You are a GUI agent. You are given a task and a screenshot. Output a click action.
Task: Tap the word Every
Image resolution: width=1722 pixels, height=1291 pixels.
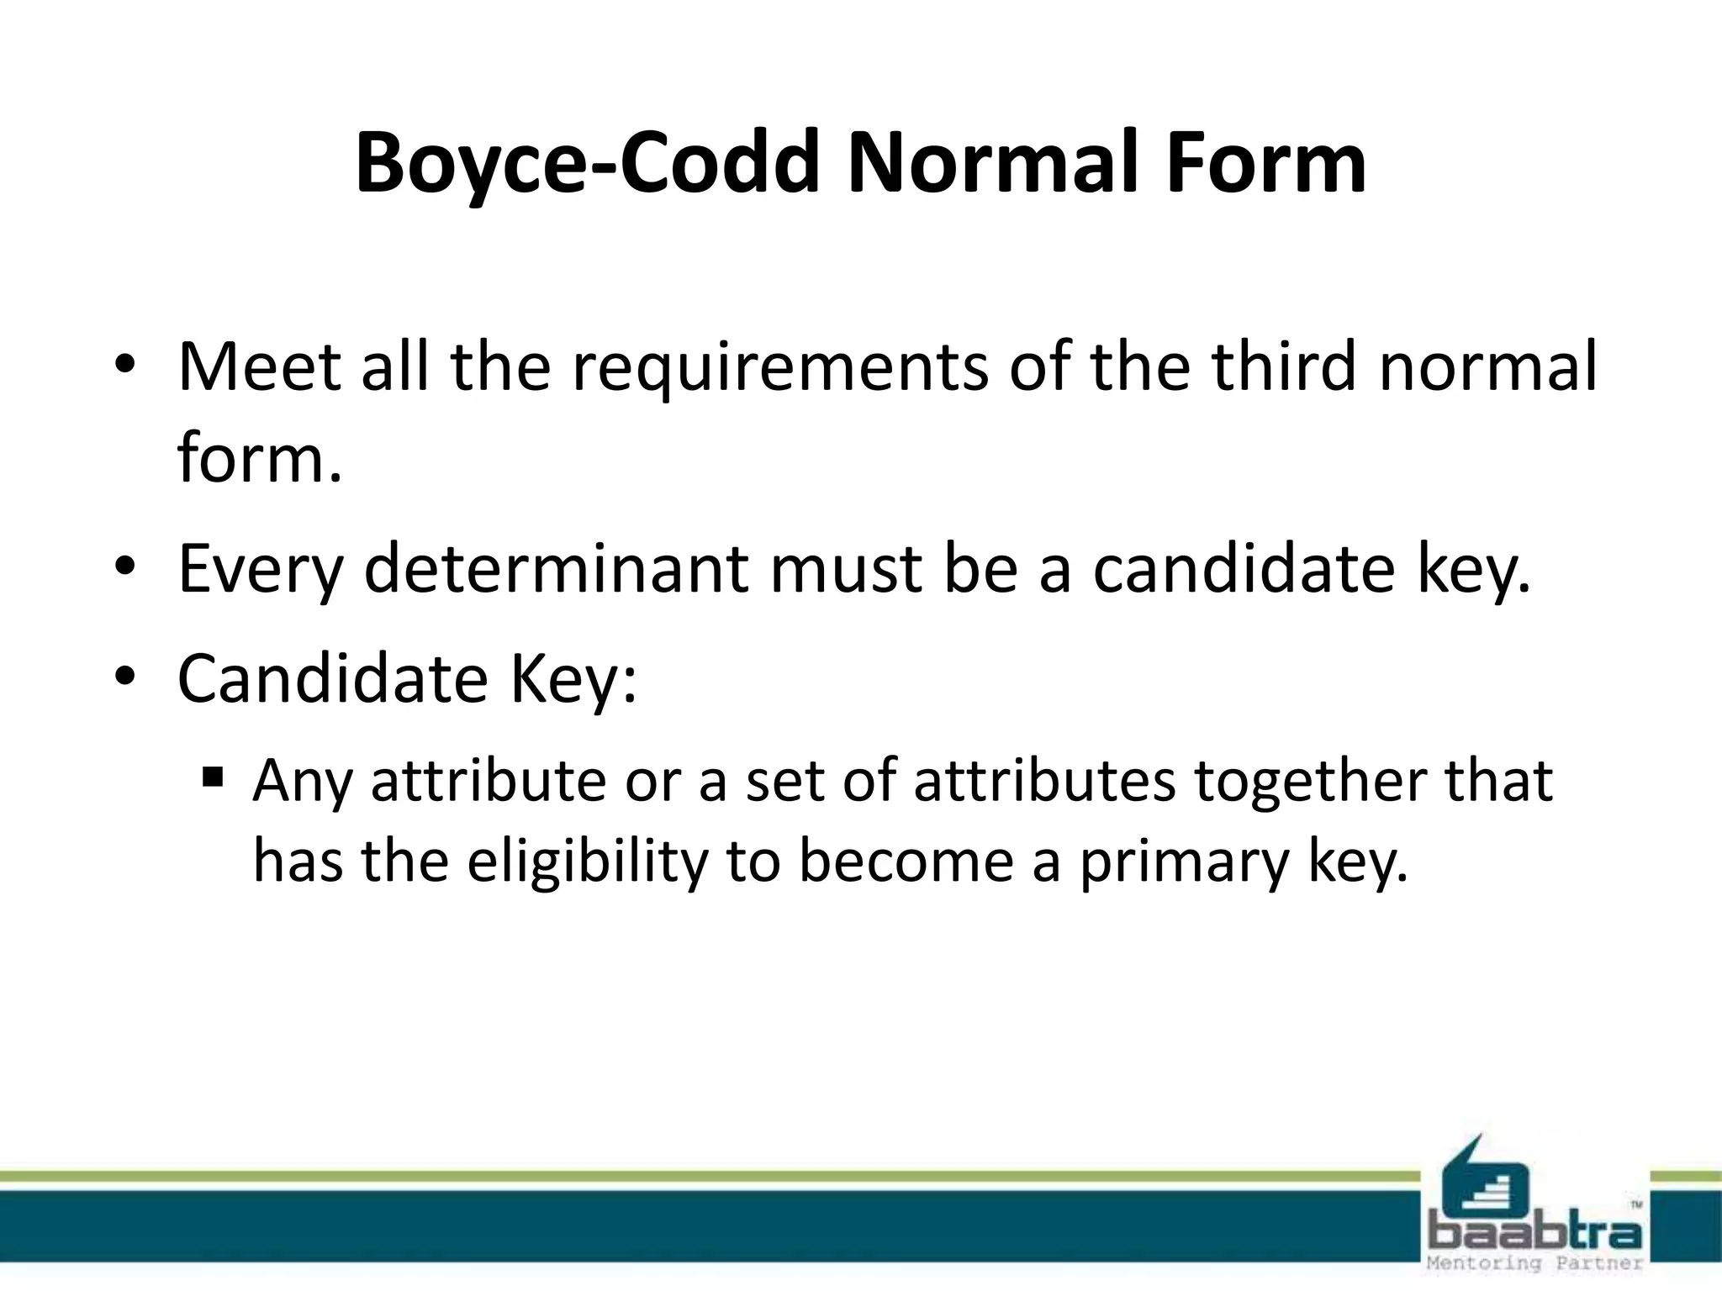(x=261, y=570)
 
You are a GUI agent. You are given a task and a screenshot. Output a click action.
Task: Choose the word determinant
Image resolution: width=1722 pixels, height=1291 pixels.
(x=556, y=568)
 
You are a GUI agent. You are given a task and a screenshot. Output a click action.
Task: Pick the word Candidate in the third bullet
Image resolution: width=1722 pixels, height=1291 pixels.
(x=332, y=678)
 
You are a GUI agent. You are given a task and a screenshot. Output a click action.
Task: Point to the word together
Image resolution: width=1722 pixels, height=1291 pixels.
(x=1308, y=780)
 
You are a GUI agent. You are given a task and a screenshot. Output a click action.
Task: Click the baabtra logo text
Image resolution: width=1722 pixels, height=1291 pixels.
(x=1534, y=1231)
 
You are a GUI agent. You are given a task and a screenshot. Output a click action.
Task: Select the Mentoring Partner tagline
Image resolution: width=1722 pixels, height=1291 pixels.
(x=1534, y=1263)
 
